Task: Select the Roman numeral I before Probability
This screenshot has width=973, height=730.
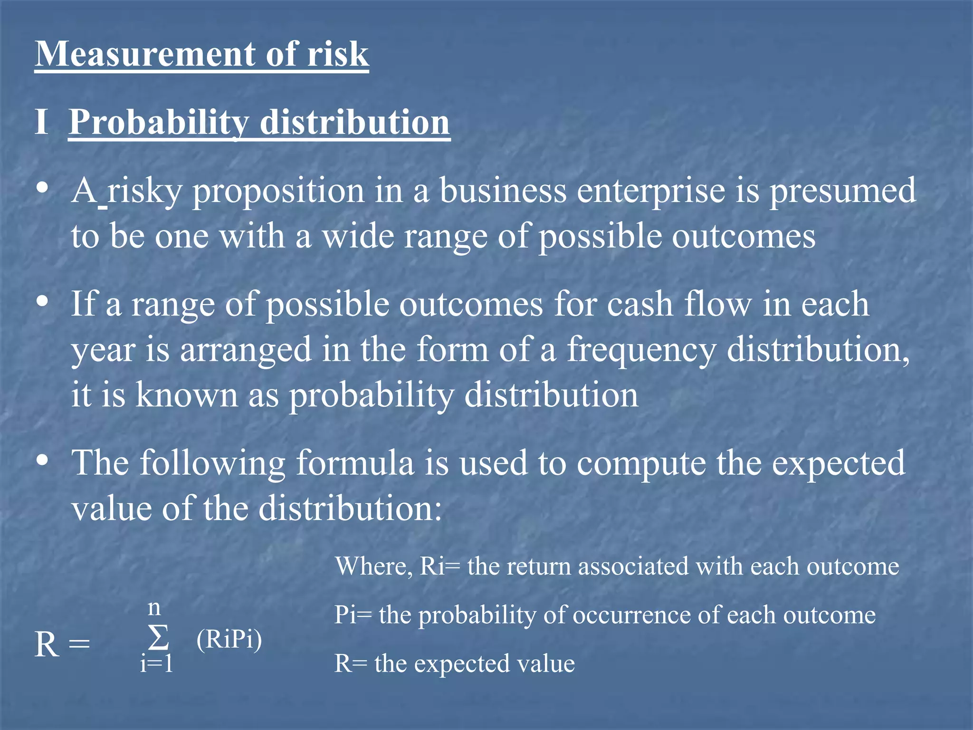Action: pos(41,122)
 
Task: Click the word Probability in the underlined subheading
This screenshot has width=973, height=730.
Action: pos(159,123)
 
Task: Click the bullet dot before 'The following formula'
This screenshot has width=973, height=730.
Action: pos(43,460)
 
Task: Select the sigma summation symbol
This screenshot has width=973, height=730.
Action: pos(158,637)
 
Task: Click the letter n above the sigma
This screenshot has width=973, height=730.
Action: pos(154,608)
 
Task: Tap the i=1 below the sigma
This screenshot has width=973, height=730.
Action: pos(156,663)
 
